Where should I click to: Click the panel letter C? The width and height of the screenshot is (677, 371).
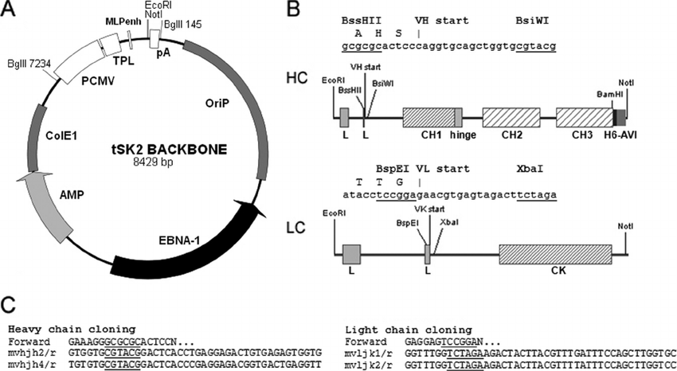pyautogui.click(x=10, y=307)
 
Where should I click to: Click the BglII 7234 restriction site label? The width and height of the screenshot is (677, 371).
pyautogui.click(x=29, y=63)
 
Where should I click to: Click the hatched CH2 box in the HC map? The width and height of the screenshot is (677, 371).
pyautogui.click(x=511, y=118)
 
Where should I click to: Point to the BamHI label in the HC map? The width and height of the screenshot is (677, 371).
pyautogui.click(x=610, y=95)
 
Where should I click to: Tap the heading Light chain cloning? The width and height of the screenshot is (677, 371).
pyautogui.click(x=396, y=327)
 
